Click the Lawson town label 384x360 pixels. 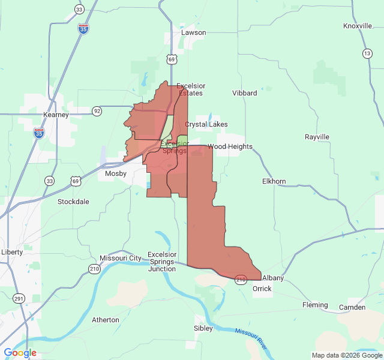(x=193, y=32)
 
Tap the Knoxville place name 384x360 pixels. (x=358, y=26)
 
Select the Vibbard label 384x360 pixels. (x=245, y=93)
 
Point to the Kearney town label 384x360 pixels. (x=56, y=115)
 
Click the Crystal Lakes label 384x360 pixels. (x=206, y=124)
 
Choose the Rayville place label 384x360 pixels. (x=317, y=137)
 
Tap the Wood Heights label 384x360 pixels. (x=230, y=146)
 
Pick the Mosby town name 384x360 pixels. (x=116, y=173)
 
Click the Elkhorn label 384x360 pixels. (x=274, y=181)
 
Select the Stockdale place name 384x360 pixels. (x=73, y=202)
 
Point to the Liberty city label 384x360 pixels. (x=12, y=252)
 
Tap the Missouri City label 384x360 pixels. (x=121, y=258)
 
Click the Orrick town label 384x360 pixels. (x=262, y=289)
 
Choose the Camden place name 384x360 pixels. (x=352, y=307)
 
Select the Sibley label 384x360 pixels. (x=203, y=328)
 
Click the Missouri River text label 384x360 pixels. (x=250, y=340)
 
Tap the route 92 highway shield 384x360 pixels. (x=97, y=111)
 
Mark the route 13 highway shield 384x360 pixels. (x=367, y=53)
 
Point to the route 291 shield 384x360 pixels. (x=19, y=298)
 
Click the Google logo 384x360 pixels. (x=20, y=353)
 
